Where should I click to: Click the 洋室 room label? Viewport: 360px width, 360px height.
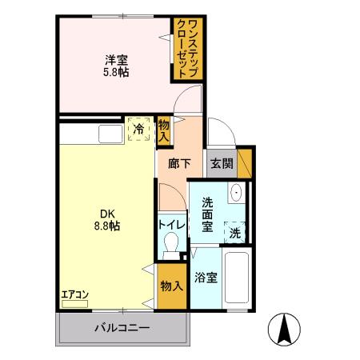tap(117, 58)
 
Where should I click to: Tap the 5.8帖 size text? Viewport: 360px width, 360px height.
tap(117, 72)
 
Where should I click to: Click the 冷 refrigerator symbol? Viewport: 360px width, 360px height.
tap(139, 128)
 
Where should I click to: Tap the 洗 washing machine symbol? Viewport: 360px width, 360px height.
tap(235, 232)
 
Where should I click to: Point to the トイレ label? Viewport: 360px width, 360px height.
tap(172, 225)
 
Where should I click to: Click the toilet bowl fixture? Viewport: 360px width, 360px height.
tap(170, 250)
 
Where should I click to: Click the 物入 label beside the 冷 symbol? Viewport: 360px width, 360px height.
tap(164, 130)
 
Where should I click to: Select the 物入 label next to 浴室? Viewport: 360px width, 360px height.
tap(171, 286)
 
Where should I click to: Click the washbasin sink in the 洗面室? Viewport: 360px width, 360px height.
tap(236, 194)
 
